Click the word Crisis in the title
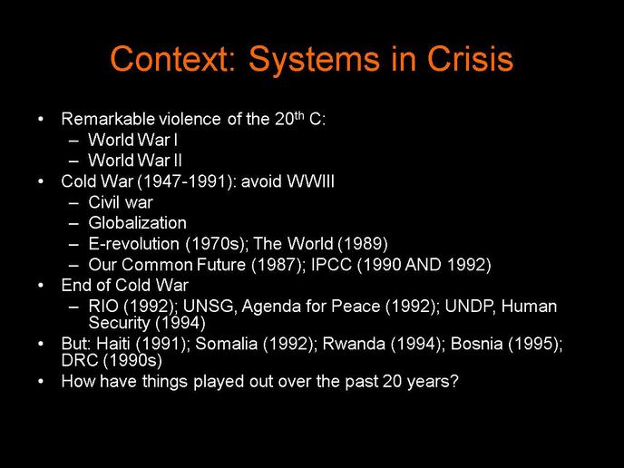pyautogui.click(x=470, y=58)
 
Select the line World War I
pyautogui.click(x=133, y=140)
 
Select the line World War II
pyautogui.click(x=135, y=161)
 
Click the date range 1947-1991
pyautogui.click(x=185, y=181)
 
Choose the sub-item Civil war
pyautogui.click(x=121, y=202)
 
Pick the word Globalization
pyautogui.click(x=137, y=223)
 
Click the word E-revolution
pyautogui.click(x=133, y=244)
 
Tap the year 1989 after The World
pyautogui.click(x=363, y=244)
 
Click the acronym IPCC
pyautogui.click(x=332, y=265)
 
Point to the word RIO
pyautogui.click(x=103, y=306)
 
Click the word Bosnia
pyautogui.click(x=476, y=344)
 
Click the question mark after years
pyautogui.click(x=454, y=381)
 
